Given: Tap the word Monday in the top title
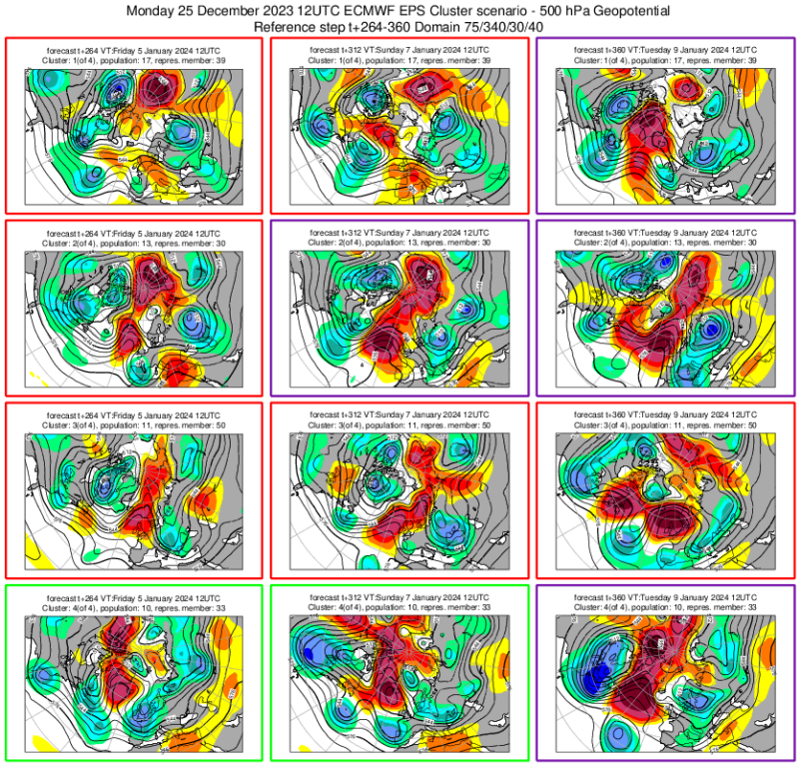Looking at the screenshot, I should pyautogui.click(x=157, y=11).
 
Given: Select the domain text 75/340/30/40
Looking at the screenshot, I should pyautogui.click(x=493, y=26).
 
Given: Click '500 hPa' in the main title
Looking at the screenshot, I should pyautogui.click(x=553, y=11).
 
